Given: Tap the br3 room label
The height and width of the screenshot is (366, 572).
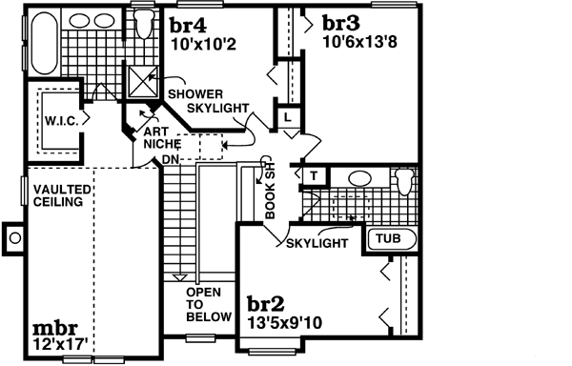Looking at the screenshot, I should coord(341,23).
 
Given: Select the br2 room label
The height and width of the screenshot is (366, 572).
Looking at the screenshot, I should coord(264,304).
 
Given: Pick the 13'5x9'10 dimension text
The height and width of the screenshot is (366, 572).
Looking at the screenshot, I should coord(285,322).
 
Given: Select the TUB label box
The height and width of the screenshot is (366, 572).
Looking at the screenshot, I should coord(387,238).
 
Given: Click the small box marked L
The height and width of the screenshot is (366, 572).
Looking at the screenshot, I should coord(287,116).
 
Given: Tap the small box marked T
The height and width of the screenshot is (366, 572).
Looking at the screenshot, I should coord(312,175).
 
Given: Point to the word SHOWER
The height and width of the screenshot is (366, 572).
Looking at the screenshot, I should coord(195,94).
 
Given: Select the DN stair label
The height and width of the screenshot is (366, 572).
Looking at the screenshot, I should coord(171,159).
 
